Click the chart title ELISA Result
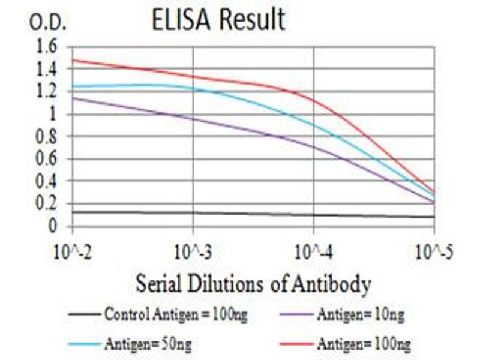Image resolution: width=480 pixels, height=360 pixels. tap(218, 20)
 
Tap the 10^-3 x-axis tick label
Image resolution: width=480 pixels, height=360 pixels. tap(193, 251)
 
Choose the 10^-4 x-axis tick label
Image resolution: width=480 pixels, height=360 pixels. tap(313, 251)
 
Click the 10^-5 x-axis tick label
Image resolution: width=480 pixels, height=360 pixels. tap(433, 251)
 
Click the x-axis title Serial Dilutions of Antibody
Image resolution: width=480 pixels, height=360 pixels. tap(253, 283)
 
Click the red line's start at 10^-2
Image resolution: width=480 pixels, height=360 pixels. tap(73, 59)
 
